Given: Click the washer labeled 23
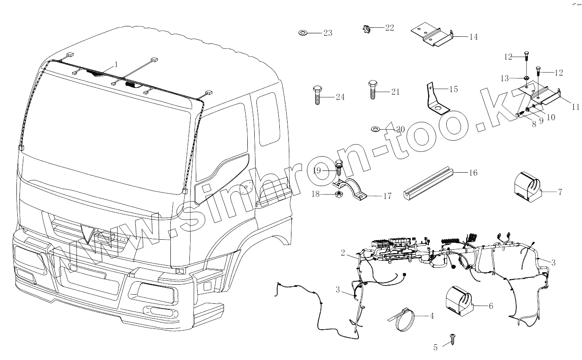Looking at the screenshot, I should click(x=303, y=33).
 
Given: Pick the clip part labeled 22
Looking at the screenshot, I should click(x=366, y=29).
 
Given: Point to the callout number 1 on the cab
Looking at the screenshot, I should click(x=116, y=65).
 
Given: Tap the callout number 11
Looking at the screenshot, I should click(x=575, y=107).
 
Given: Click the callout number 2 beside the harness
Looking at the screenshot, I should click(x=343, y=253).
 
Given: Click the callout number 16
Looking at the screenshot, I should click(x=473, y=173).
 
